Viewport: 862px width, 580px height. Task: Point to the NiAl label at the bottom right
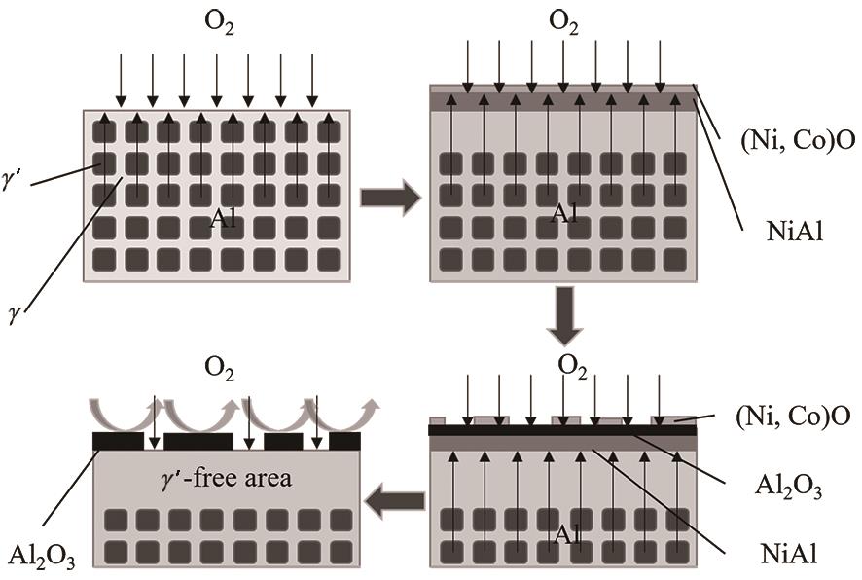pyautogui.click(x=788, y=556)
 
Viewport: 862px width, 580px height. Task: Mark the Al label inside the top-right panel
pyautogui.click(x=564, y=214)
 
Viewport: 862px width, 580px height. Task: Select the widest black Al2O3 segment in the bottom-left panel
pyautogui.click(x=198, y=442)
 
